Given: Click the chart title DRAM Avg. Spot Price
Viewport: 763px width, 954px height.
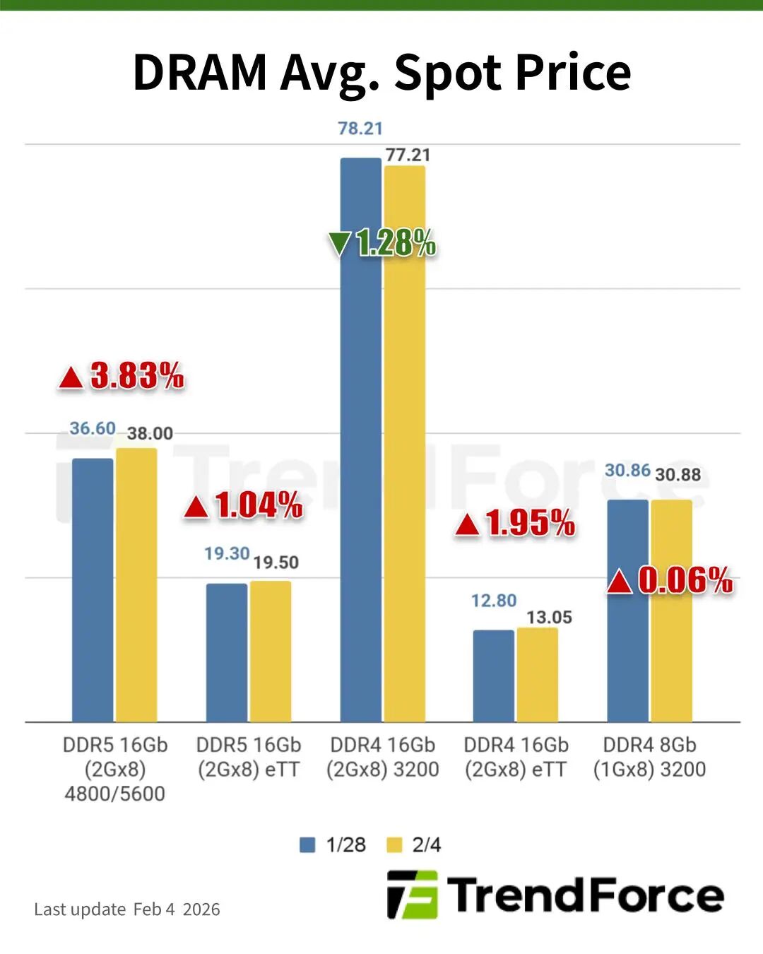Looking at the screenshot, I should pyautogui.click(x=381, y=72).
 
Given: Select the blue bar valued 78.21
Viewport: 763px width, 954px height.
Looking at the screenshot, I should pyautogui.click(x=360, y=438).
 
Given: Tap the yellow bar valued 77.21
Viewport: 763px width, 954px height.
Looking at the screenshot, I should pyautogui.click(x=405, y=442).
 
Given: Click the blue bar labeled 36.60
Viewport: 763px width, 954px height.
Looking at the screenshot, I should pyautogui.click(x=93, y=589).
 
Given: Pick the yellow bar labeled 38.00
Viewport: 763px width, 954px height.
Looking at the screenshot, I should pyautogui.click(x=136, y=584).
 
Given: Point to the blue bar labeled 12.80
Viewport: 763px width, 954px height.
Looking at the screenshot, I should pyautogui.click(x=493, y=676).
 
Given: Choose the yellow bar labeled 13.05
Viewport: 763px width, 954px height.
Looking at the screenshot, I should pyautogui.click(x=537, y=674).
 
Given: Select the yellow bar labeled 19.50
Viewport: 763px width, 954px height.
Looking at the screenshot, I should pyautogui.click(x=271, y=651).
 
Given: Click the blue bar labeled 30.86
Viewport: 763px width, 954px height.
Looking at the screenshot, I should pyautogui.click(x=627, y=611).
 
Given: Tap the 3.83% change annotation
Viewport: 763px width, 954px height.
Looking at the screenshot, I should pyautogui.click(x=122, y=375).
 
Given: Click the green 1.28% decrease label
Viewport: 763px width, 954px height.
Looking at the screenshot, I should pyautogui.click(x=382, y=243).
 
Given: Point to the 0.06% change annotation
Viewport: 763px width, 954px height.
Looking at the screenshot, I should pyautogui.click(x=670, y=580).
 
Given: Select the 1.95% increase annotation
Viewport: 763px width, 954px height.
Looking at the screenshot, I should pyautogui.click(x=516, y=523).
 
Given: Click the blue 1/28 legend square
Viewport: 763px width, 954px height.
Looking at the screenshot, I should pyautogui.click(x=307, y=844).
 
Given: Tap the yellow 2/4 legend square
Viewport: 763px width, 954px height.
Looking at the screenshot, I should pyautogui.click(x=394, y=844).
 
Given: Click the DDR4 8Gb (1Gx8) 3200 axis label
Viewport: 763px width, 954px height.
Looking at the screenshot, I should pyautogui.click(x=649, y=757).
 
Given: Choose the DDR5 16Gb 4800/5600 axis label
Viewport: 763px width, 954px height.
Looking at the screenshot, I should pyautogui.click(x=114, y=769).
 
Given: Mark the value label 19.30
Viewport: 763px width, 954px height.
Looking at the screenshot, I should pyautogui.click(x=227, y=553).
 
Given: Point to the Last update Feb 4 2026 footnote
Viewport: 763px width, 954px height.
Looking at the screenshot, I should pyautogui.click(x=127, y=909).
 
